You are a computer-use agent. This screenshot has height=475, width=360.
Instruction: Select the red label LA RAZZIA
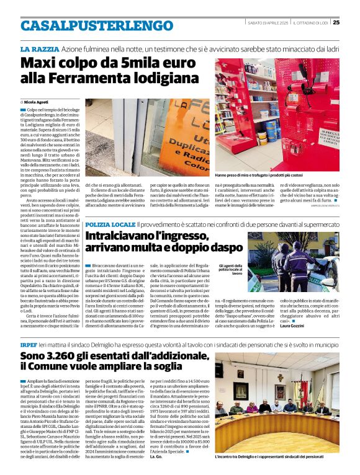(40, 48)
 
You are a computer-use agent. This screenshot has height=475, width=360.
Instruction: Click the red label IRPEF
(29, 343)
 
